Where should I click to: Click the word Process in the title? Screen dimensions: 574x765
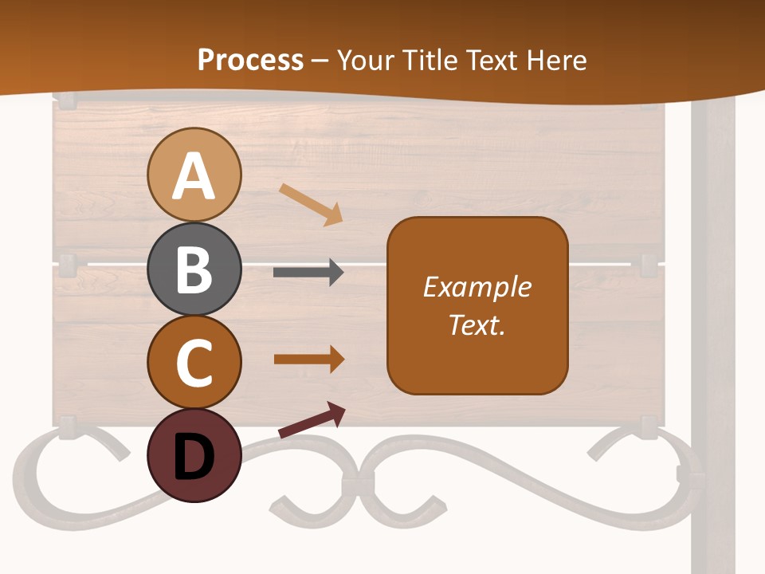250,60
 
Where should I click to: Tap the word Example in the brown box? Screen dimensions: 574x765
477,287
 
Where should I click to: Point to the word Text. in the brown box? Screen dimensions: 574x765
477,324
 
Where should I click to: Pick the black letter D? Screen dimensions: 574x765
194,458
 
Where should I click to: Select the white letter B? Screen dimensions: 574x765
194,270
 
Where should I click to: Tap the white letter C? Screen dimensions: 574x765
194,364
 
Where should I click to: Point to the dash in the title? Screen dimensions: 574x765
320,61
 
